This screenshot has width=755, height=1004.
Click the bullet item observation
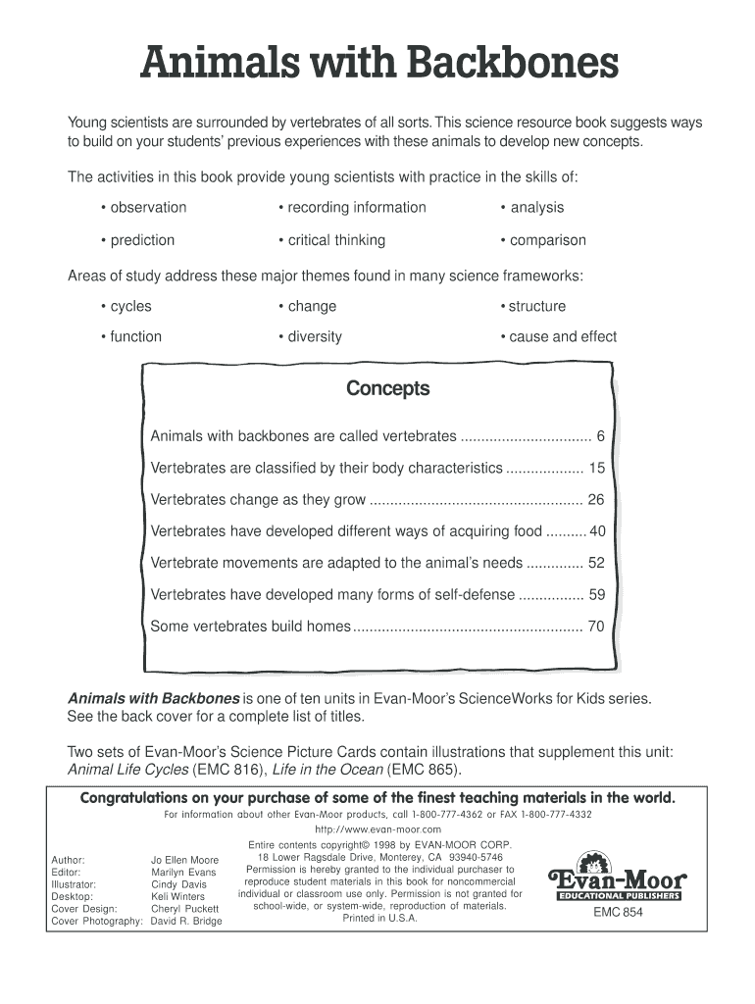pos(143,207)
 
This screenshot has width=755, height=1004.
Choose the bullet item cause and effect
pos(558,336)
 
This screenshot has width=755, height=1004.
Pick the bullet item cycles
pos(126,306)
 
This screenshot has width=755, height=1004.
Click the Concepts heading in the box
pos(387,389)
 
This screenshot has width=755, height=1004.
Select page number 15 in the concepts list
pos(596,469)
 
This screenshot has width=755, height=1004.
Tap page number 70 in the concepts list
pos(596,626)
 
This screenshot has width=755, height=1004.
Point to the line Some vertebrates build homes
pos(250,626)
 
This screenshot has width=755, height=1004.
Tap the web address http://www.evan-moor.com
pos(377,828)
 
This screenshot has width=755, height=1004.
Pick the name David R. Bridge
pos(186,921)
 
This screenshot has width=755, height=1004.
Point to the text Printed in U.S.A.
pos(379,918)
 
